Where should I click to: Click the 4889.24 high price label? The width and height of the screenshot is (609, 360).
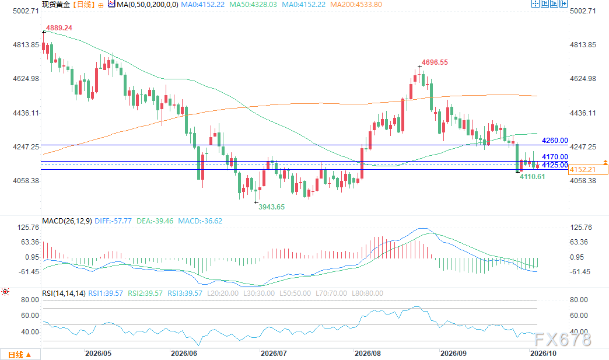pyautogui.click(x=59, y=28)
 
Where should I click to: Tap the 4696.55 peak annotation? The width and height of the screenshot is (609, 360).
pyautogui.click(x=435, y=62)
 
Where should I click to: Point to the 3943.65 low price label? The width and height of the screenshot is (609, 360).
pyautogui.click(x=271, y=207)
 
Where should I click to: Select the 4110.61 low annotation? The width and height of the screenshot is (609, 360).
pyautogui.click(x=532, y=177)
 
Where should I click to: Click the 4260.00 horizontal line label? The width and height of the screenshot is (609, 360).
pyautogui.click(x=555, y=141)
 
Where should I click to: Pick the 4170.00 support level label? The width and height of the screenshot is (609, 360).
pyautogui.click(x=555, y=157)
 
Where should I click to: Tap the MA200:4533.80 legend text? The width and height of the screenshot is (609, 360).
pyautogui.click(x=356, y=5)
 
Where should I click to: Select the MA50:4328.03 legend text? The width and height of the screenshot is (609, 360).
pyautogui.click(x=253, y=5)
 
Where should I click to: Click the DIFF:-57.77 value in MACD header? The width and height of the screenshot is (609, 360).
pyautogui.click(x=113, y=221)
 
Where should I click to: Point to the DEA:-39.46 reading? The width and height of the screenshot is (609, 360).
pyautogui.click(x=155, y=221)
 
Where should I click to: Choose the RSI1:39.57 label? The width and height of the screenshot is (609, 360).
pyautogui.click(x=106, y=293)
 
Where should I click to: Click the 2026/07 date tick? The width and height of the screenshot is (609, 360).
pyautogui.click(x=274, y=354)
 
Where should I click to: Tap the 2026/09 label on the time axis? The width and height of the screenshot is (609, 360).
pyautogui.click(x=453, y=354)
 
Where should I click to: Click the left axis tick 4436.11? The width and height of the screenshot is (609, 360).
pyautogui.click(x=26, y=113)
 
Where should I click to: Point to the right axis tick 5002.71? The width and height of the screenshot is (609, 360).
pyautogui.click(x=583, y=11)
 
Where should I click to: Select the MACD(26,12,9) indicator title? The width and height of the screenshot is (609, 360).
pyautogui.click(x=67, y=221)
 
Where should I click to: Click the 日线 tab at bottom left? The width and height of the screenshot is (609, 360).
pyautogui.click(x=20, y=355)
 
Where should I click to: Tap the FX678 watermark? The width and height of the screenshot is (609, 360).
pyautogui.click(x=563, y=340)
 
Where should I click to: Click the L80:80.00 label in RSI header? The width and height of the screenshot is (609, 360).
pyautogui.click(x=367, y=293)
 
